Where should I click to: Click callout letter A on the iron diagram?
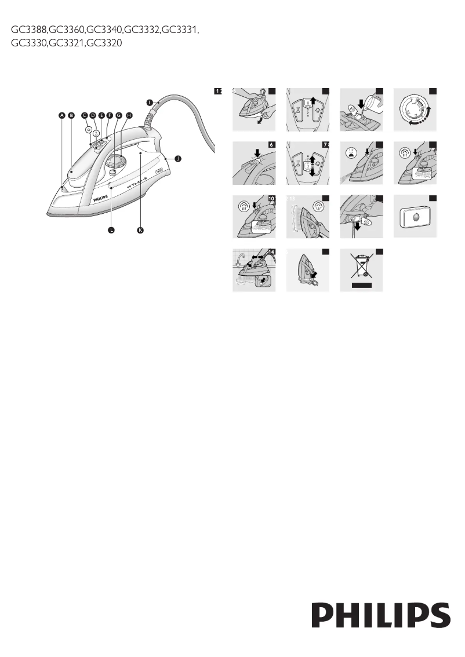point(61,115)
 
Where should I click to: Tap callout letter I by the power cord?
point(149,102)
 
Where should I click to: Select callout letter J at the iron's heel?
point(178,158)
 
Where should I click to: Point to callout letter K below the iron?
point(140,230)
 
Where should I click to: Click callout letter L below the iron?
point(111,230)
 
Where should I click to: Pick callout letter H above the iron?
point(128,115)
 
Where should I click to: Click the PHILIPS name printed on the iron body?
point(101,198)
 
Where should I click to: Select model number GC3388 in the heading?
point(28,29)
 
